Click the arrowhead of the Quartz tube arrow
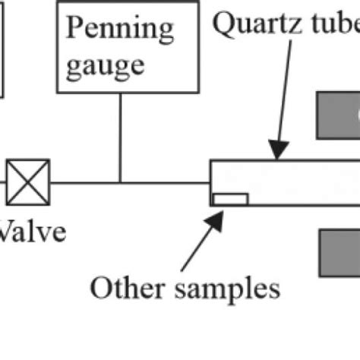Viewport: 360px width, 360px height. [x=279, y=155]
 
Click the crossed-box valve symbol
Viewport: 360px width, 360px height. [x=28, y=182]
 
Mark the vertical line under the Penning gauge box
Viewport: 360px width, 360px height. [x=119, y=137]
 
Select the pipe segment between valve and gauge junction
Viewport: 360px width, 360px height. [x=84, y=182]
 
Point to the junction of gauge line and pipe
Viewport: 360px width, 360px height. [x=119, y=182]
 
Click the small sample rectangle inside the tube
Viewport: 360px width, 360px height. [x=230, y=199]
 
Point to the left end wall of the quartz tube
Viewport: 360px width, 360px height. [x=210, y=183]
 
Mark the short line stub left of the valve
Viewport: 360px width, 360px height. [x=3, y=182]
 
